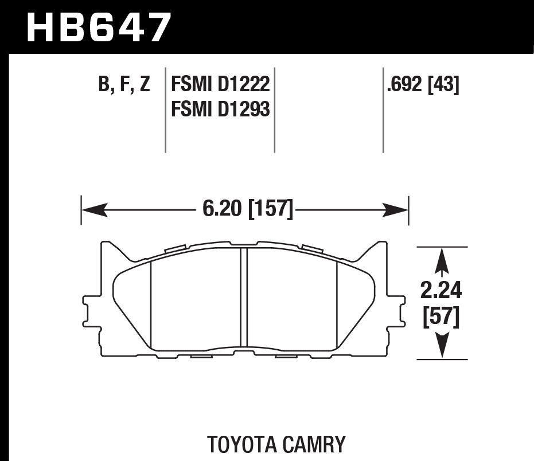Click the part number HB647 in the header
pos(99,27)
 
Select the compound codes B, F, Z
pos(124,85)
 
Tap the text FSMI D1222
pos(220,85)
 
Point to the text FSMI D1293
pos(220,108)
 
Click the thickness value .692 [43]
pos(423,85)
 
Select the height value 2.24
pos(441,291)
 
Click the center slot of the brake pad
pos(243,298)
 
